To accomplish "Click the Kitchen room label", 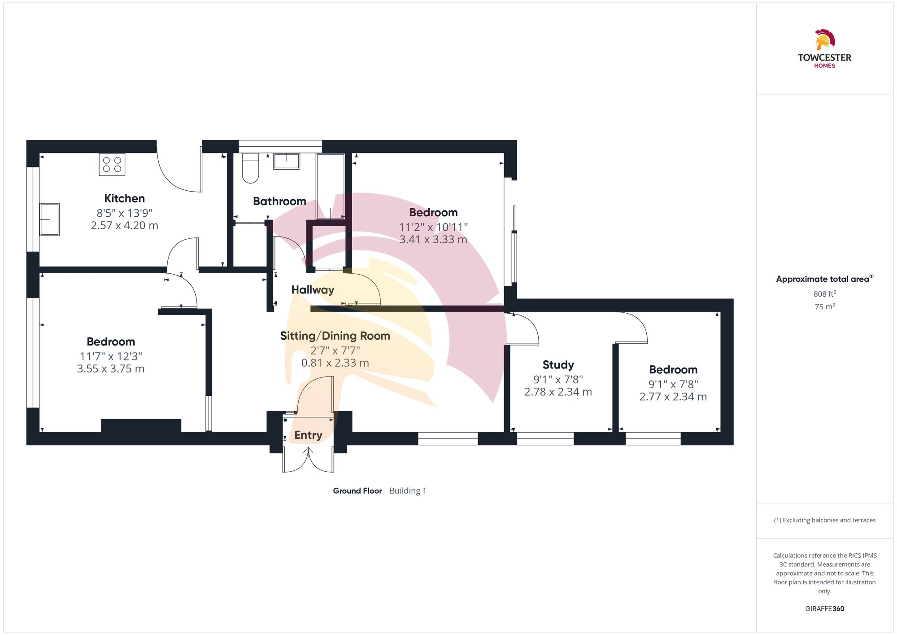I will [x=124, y=198].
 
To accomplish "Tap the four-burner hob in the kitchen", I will [x=112, y=164].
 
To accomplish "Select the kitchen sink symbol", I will [x=49, y=219].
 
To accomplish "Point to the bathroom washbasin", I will [x=287, y=161].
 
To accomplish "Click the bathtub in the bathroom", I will [x=330, y=186].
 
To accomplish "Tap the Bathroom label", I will [x=279, y=201].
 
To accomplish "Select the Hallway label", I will [x=313, y=290].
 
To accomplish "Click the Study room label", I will [x=558, y=365].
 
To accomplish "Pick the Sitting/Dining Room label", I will [x=335, y=336].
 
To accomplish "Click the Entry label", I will [x=308, y=435].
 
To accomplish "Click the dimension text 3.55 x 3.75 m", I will [x=111, y=369].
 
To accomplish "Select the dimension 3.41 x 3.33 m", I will [x=433, y=240].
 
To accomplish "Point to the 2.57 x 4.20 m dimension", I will [x=124, y=226].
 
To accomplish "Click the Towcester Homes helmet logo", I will [x=824, y=39].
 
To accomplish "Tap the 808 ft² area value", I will [x=824, y=294].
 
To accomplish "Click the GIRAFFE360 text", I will [x=824, y=609].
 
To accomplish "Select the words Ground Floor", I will [x=357, y=491].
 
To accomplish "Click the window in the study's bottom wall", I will [x=545, y=438].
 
